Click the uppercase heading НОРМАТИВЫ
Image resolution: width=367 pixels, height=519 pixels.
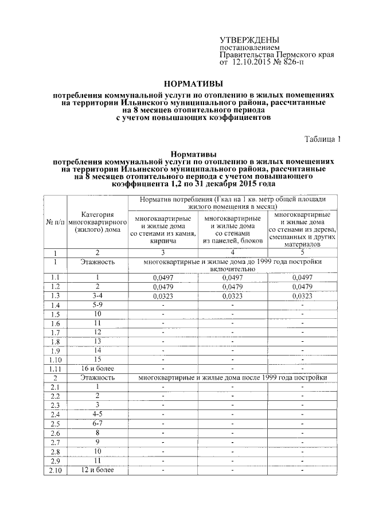coord(190,83)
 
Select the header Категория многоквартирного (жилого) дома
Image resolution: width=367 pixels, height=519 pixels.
coord(97,221)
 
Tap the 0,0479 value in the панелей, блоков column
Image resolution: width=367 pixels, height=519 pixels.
coord(232,287)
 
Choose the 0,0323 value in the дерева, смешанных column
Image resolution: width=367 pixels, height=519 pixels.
coord(302,296)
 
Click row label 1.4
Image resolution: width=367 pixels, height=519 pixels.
coord(55,306)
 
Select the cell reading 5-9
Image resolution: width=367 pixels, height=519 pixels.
coord(97,305)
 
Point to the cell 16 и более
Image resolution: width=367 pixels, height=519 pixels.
coord(97,368)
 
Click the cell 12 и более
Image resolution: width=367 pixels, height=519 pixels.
coord(97,470)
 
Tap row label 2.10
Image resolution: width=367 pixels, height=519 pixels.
coord(55,471)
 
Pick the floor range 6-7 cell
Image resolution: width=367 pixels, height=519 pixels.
coord(97,423)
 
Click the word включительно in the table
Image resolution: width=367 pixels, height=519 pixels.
coord(232,268)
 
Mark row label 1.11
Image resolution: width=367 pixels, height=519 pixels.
coord(55,369)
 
